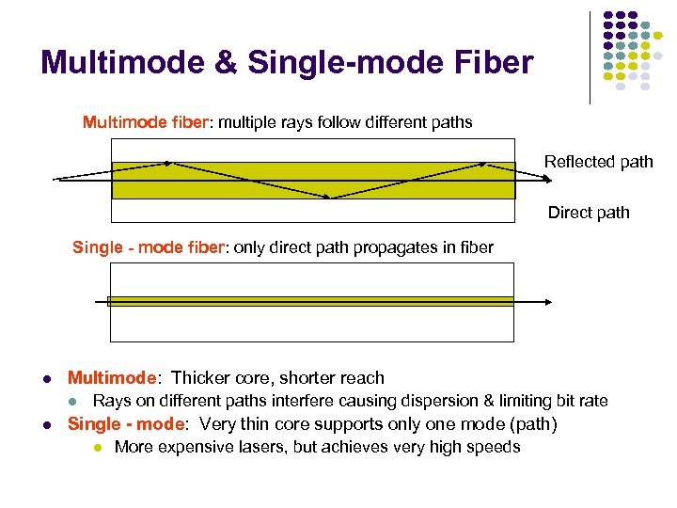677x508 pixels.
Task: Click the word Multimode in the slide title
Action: pyautogui.click(x=122, y=64)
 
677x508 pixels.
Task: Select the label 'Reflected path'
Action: pyautogui.click(x=598, y=162)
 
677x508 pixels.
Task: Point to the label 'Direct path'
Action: pyautogui.click(x=589, y=213)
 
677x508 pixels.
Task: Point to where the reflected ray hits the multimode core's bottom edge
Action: pyautogui.click(x=332, y=198)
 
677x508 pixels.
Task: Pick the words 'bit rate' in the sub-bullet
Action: pyautogui.click(x=579, y=401)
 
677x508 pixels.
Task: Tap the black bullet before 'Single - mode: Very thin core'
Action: pyautogui.click(x=46, y=425)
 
